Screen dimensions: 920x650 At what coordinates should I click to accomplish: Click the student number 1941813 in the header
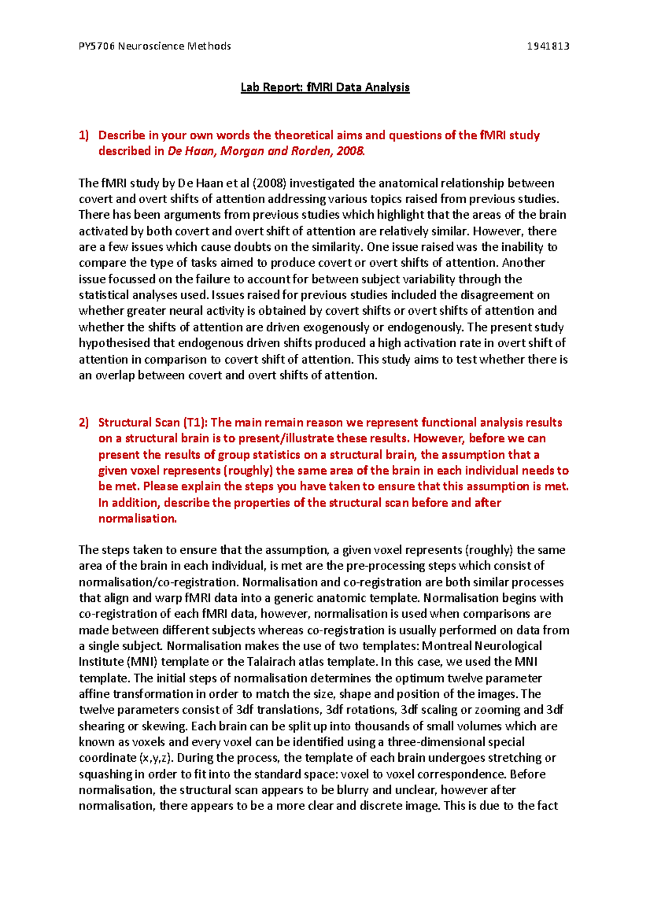(548, 46)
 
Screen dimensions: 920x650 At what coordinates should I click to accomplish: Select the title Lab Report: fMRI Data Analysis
(325, 87)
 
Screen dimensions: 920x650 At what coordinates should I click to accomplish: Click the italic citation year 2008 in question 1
(350, 151)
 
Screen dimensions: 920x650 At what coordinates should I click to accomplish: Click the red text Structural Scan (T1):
(152, 423)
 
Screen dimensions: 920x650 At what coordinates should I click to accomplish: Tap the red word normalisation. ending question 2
(138, 519)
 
